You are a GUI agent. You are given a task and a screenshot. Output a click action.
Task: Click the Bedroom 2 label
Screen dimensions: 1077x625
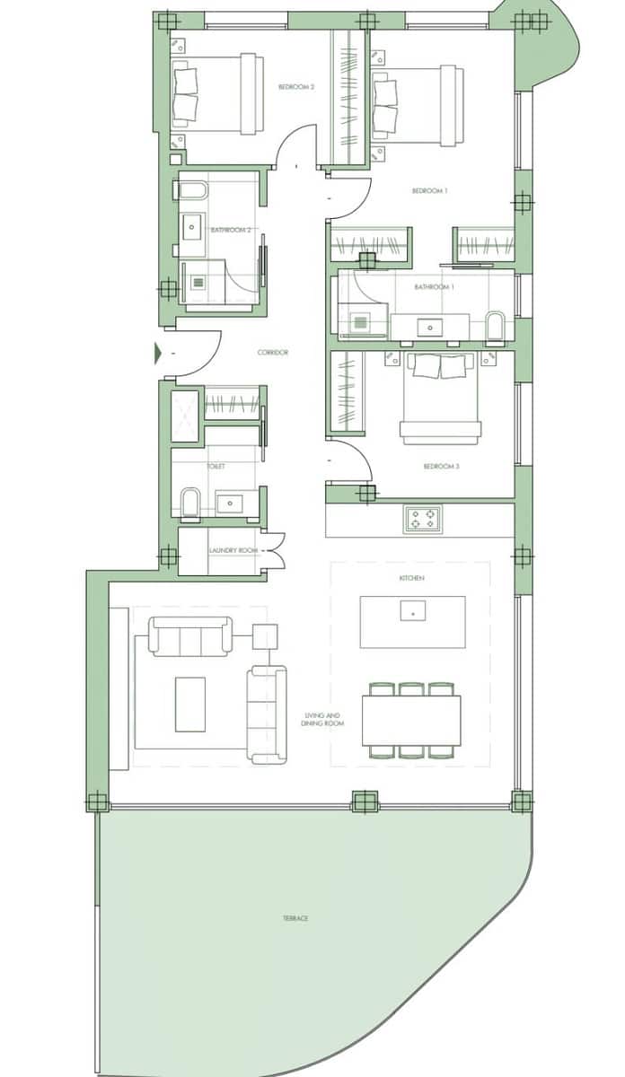[295, 87]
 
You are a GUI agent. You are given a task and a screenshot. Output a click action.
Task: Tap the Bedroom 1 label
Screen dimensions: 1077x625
[429, 191]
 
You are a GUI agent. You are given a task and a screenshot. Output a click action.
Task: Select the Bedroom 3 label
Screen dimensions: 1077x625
[441, 467]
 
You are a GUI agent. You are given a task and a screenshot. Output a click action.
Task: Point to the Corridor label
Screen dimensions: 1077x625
[272, 353]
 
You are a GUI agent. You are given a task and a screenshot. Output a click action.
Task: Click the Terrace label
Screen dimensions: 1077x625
[295, 918]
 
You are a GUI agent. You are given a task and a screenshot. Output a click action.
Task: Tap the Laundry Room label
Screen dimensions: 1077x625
[233, 550]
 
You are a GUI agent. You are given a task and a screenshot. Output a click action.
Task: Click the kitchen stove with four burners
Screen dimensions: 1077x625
[422, 519]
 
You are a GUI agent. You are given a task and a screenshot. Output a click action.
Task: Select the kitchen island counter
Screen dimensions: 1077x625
[412, 621]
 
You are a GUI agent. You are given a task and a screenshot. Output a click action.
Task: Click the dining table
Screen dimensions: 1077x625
[411, 720]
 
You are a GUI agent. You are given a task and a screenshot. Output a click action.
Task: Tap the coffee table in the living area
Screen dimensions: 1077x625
[189, 704]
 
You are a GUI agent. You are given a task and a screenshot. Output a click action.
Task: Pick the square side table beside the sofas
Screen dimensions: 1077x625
[265, 636]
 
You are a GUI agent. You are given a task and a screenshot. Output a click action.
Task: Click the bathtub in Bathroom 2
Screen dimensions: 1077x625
[193, 191]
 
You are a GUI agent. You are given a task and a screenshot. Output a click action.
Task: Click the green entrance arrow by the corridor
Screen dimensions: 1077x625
[158, 354]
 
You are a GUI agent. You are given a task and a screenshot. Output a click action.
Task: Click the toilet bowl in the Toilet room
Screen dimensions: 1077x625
[190, 503]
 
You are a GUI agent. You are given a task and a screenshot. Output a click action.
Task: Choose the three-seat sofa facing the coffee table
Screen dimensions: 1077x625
[190, 635]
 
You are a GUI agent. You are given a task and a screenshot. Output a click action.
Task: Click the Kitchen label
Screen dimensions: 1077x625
[411, 579]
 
